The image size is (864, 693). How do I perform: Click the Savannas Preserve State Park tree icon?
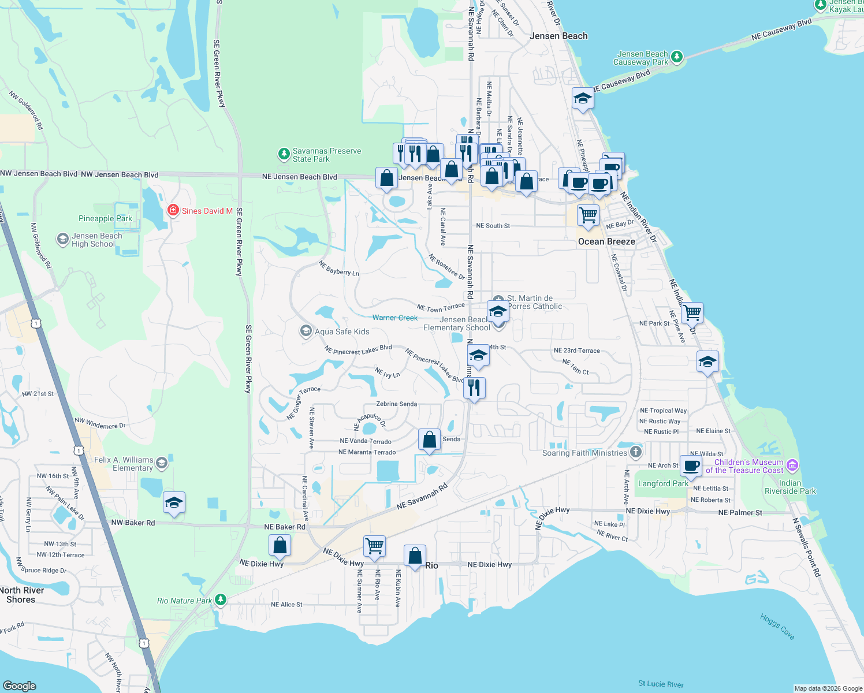[x=284, y=154]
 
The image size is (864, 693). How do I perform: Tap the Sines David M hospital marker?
[x=173, y=211]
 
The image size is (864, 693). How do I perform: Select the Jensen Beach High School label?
[x=96, y=240]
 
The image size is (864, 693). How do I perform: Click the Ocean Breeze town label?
[x=606, y=242]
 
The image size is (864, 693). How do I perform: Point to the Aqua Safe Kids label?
[x=341, y=331]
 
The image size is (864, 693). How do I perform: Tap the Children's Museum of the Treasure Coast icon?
[x=792, y=465]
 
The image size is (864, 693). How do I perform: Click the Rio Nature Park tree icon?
[x=220, y=600]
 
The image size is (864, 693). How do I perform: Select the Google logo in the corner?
[x=20, y=685]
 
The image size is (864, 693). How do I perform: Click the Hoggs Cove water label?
[x=777, y=627]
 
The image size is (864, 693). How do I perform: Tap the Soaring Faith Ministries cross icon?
[x=636, y=452]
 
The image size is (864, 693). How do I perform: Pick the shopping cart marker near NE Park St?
[x=692, y=313]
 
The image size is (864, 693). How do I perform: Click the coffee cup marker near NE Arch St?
[x=691, y=465]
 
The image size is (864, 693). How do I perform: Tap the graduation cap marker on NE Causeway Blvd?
[x=583, y=99]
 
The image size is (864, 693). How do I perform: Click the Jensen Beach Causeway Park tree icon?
[x=677, y=57]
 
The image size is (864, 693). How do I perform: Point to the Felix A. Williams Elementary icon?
[x=162, y=463]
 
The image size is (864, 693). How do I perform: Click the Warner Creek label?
[x=395, y=318]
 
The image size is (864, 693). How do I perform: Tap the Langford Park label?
[x=663, y=483]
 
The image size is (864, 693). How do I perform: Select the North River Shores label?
[x=21, y=595]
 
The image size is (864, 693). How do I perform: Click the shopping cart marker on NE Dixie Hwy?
[x=374, y=546]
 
